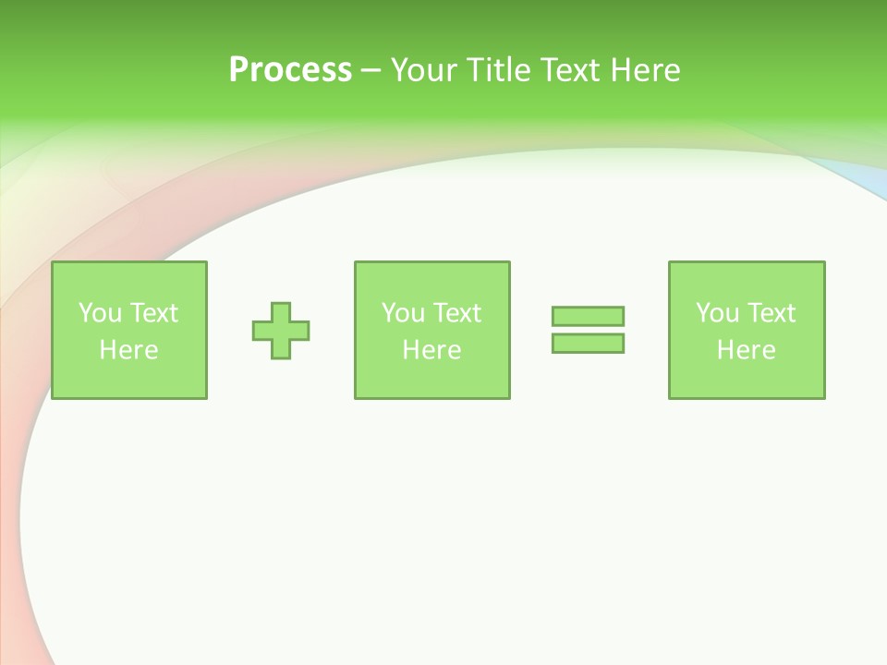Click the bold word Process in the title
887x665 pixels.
click(290, 70)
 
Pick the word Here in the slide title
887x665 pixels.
click(645, 70)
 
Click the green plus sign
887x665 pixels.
click(281, 331)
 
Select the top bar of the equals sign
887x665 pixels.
click(588, 317)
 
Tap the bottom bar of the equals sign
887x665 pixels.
click(588, 343)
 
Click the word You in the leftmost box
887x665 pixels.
click(100, 313)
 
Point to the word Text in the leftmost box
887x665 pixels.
click(153, 313)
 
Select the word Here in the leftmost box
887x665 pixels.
click(128, 350)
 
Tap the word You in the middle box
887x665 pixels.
click(403, 313)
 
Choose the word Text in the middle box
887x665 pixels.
click(456, 313)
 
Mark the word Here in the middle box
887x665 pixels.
click(431, 350)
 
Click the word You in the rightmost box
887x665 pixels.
click(717, 313)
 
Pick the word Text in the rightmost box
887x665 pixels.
click(771, 313)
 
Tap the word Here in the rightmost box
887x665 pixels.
click(746, 350)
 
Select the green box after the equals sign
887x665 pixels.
click(747, 379)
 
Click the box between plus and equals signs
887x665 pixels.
click(432, 379)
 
